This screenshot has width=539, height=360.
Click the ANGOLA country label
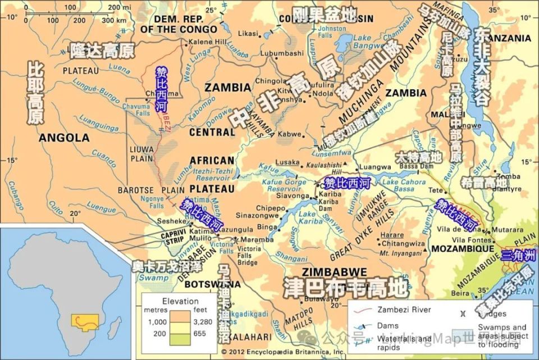click(x=64, y=138)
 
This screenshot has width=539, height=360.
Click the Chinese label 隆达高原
click(x=102, y=51)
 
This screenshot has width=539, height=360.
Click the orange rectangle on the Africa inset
click(x=85, y=322)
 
